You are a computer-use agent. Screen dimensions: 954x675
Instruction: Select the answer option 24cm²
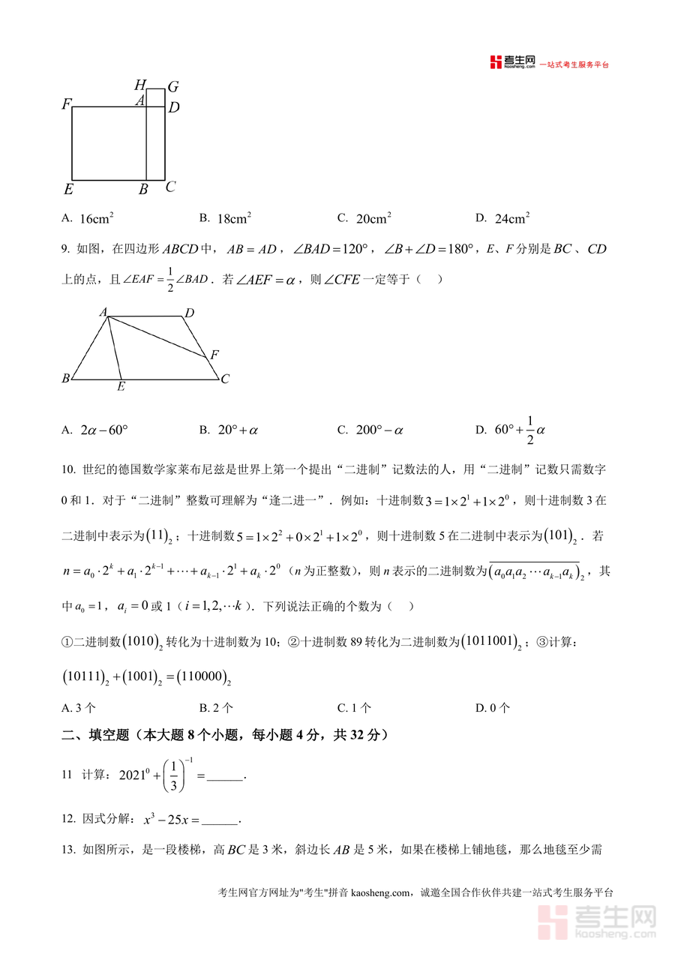coord(512,218)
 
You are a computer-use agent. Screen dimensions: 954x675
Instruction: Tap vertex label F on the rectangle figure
coord(66,105)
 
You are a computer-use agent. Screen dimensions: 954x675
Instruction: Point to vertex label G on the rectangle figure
coord(172,87)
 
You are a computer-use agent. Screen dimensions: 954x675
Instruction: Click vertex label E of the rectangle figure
coord(67,188)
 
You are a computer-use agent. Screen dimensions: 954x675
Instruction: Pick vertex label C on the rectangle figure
coord(170,187)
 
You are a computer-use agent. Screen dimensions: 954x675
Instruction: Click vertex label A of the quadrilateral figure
coord(103,311)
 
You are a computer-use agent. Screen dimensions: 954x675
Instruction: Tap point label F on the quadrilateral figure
coord(214,355)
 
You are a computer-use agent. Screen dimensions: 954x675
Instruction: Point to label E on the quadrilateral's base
coord(121,388)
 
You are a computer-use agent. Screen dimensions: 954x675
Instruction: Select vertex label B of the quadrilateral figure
coord(65,379)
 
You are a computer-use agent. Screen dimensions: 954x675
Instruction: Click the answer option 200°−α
coord(379,430)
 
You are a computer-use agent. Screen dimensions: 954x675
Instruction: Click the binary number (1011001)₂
coord(491,642)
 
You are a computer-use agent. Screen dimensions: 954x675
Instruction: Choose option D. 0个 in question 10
coord(493,707)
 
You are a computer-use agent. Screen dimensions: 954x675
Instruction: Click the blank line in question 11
coord(225,776)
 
